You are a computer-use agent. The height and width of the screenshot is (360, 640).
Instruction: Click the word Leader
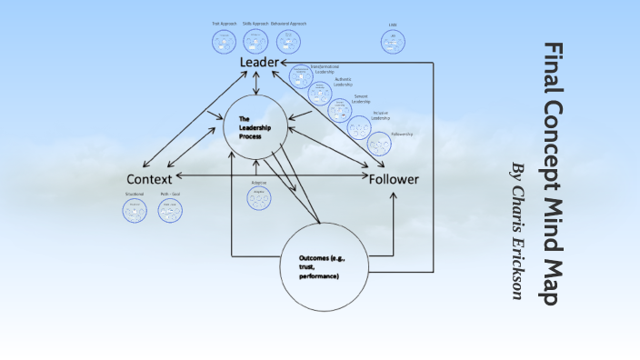coord(259,62)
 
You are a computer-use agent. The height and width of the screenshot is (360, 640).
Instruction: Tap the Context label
coord(149,178)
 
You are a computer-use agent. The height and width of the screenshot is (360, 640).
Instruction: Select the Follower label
coord(394,179)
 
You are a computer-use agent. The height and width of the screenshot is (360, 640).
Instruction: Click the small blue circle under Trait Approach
coord(224,42)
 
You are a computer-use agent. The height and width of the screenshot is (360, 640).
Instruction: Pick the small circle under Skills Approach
coord(255,42)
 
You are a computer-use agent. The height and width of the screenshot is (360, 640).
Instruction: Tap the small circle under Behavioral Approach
coord(288,42)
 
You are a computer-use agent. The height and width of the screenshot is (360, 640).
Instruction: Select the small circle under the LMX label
coord(393,41)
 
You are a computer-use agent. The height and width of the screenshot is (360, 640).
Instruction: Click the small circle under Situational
coord(135,210)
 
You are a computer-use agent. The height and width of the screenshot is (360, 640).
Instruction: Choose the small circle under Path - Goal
coord(170,210)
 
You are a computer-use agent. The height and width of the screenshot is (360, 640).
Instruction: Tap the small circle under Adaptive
coord(259,197)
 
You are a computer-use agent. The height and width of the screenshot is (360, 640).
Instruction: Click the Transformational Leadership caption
coord(324,70)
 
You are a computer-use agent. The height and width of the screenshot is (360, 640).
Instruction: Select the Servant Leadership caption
coord(361,99)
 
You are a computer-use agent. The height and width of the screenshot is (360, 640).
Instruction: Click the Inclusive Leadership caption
coord(380,116)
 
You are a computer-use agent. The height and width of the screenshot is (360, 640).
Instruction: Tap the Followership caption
coord(401,134)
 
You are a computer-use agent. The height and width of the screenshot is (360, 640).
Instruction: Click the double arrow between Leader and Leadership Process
coord(258,84)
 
